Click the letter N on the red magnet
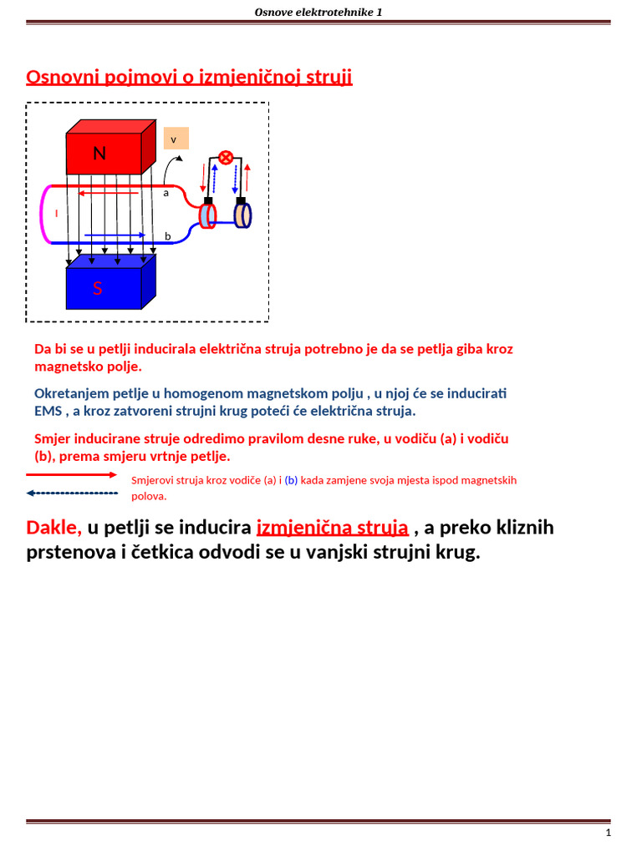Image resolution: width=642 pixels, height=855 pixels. coord(99,154)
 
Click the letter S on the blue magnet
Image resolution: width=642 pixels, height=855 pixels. coord(98,289)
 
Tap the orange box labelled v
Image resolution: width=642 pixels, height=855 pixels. coord(176,139)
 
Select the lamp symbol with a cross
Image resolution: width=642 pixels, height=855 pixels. coord(225,158)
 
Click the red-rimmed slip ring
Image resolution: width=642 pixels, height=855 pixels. coord(206,215)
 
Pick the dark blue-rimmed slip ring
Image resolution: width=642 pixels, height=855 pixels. coord(242,215)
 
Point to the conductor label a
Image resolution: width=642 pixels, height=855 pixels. coord(166,193)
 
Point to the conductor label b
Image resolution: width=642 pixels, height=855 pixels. coord(167,236)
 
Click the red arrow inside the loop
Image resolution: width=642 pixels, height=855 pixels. coord(109,194)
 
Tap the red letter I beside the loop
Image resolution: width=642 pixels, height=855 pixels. coord(56,214)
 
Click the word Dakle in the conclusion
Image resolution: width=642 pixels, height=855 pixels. coord(53,528)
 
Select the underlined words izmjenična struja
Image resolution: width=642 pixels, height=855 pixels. coord(332,528)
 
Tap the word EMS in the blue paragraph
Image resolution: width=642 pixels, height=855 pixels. coord(48,412)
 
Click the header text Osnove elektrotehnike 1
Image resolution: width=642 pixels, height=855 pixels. coord(318,12)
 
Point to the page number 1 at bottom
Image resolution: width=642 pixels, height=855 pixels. coord(608,833)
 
